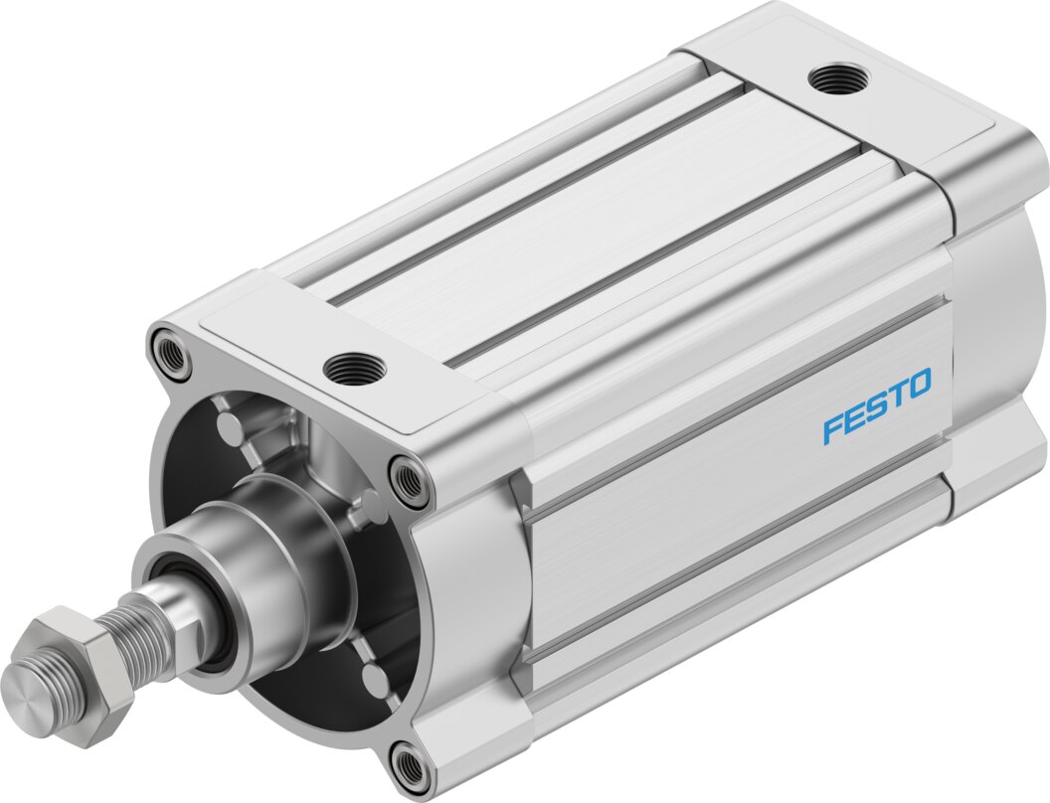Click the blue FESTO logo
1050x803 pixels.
tap(877, 404)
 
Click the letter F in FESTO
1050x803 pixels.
tap(832, 429)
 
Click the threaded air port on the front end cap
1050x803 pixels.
tap(354, 369)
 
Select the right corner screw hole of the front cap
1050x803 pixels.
tap(409, 480)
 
